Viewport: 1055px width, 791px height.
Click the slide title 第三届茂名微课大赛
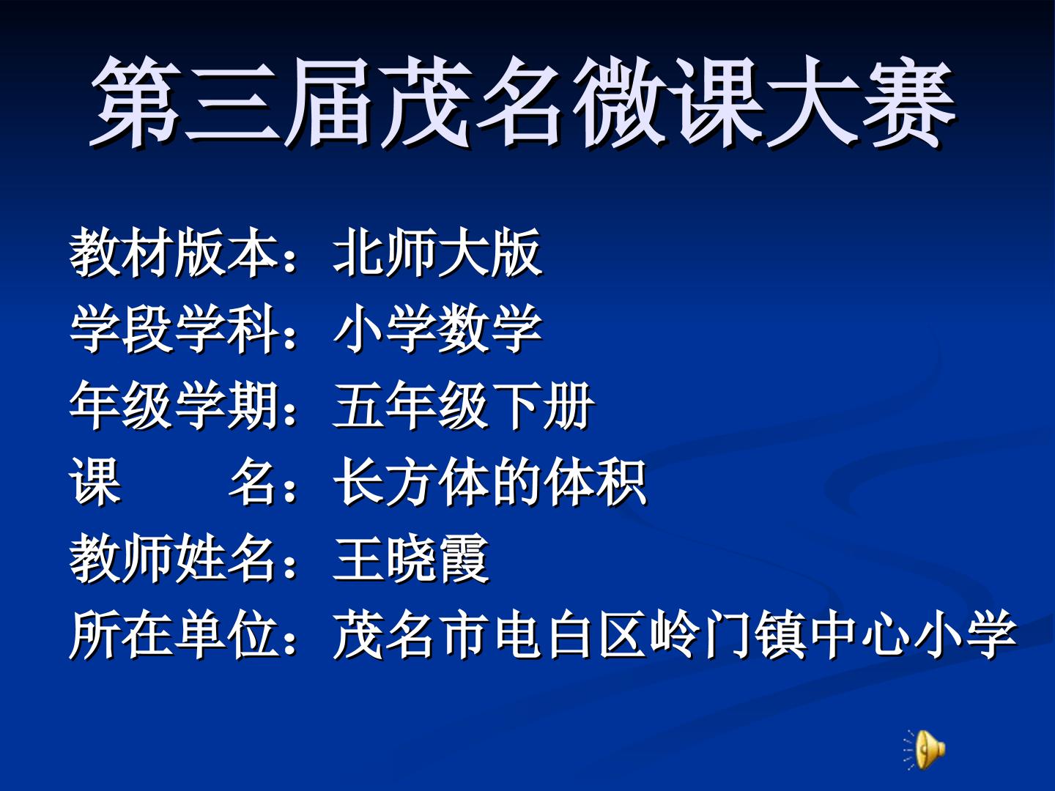click(523, 103)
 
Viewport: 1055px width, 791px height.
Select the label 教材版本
click(174, 253)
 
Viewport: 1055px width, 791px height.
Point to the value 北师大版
click(438, 253)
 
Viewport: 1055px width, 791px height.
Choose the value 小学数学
click(438, 330)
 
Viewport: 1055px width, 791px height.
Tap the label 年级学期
click(174, 406)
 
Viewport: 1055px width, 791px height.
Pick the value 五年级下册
click(464, 406)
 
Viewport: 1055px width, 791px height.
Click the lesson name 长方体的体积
click(490, 482)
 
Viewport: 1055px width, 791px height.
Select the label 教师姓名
click(173, 558)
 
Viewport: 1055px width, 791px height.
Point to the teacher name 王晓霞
click(412, 558)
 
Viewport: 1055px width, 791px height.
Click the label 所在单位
click(174, 635)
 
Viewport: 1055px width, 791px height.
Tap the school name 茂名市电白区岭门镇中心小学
click(675, 635)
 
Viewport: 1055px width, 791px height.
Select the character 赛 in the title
click(909, 103)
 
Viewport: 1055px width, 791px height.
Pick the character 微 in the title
click(620, 103)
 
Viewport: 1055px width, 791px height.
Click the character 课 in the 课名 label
click(95, 482)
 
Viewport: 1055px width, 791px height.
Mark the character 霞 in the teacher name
click(464, 558)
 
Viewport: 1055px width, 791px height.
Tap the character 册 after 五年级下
click(569, 406)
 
